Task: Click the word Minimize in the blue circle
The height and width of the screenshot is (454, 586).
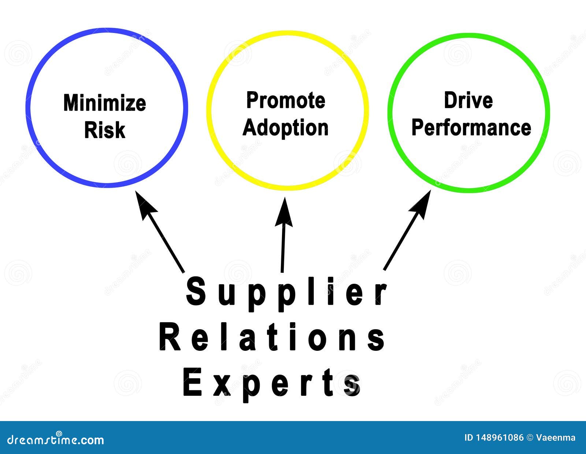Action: [x=105, y=103]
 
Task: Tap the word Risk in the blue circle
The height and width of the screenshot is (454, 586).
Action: [x=105, y=130]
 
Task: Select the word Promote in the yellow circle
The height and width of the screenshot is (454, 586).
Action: [x=286, y=101]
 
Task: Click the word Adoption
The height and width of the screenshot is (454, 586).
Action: [x=286, y=128]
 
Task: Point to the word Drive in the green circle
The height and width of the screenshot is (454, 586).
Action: [x=468, y=100]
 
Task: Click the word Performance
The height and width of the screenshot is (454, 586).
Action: [x=471, y=128]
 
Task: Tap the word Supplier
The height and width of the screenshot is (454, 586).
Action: [x=286, y=293]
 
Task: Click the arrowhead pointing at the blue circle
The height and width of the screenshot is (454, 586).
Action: [x=144, y=205]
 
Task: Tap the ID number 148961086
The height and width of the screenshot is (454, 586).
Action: [x=500, y=438]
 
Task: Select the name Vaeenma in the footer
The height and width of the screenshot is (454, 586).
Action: [x=556, y=438]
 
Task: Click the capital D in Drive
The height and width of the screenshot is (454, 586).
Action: [x=450, y=100]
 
